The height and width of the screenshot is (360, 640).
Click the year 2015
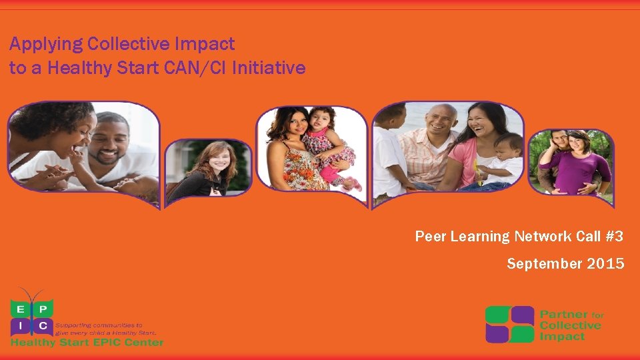(606, 264)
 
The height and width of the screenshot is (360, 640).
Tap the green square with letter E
(21, 309)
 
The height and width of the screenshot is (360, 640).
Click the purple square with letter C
(42, 325)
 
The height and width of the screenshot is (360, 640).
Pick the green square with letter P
(42, 309)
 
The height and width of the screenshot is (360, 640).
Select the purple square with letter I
(21, 325)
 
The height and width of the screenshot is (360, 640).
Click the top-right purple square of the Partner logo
(523, 315)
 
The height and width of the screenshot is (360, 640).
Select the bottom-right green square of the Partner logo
(523, 334)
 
